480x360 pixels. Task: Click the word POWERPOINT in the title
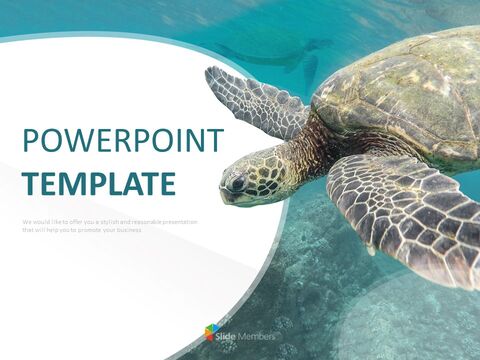[120, 141]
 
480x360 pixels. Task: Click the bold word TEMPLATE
[99, 184]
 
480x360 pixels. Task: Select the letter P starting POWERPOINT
[30, 141]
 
